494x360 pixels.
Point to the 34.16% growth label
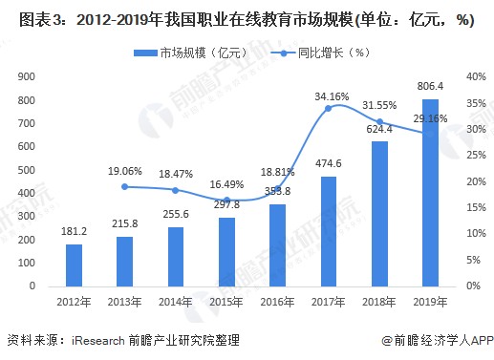330,95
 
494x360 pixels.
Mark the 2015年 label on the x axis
227,305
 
